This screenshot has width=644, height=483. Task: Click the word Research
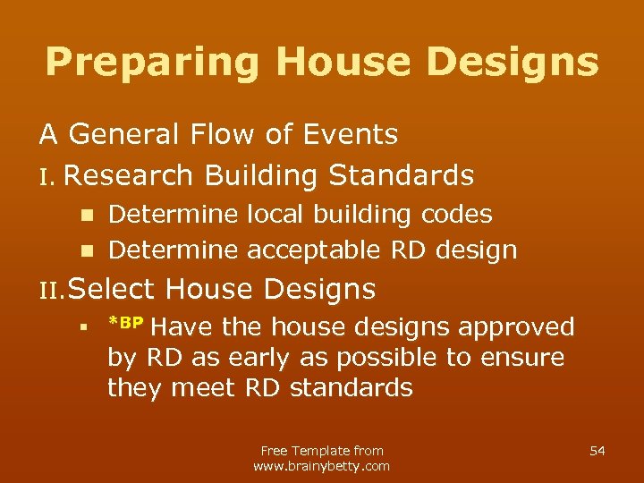[x=128, y=175]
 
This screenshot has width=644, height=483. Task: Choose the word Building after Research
[x=259, y=175]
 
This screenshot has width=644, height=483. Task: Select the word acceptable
[x=317, y=250]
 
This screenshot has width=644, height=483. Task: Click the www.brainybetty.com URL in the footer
[x=322, y=466]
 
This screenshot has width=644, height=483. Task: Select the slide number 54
[x=597, y=451]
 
